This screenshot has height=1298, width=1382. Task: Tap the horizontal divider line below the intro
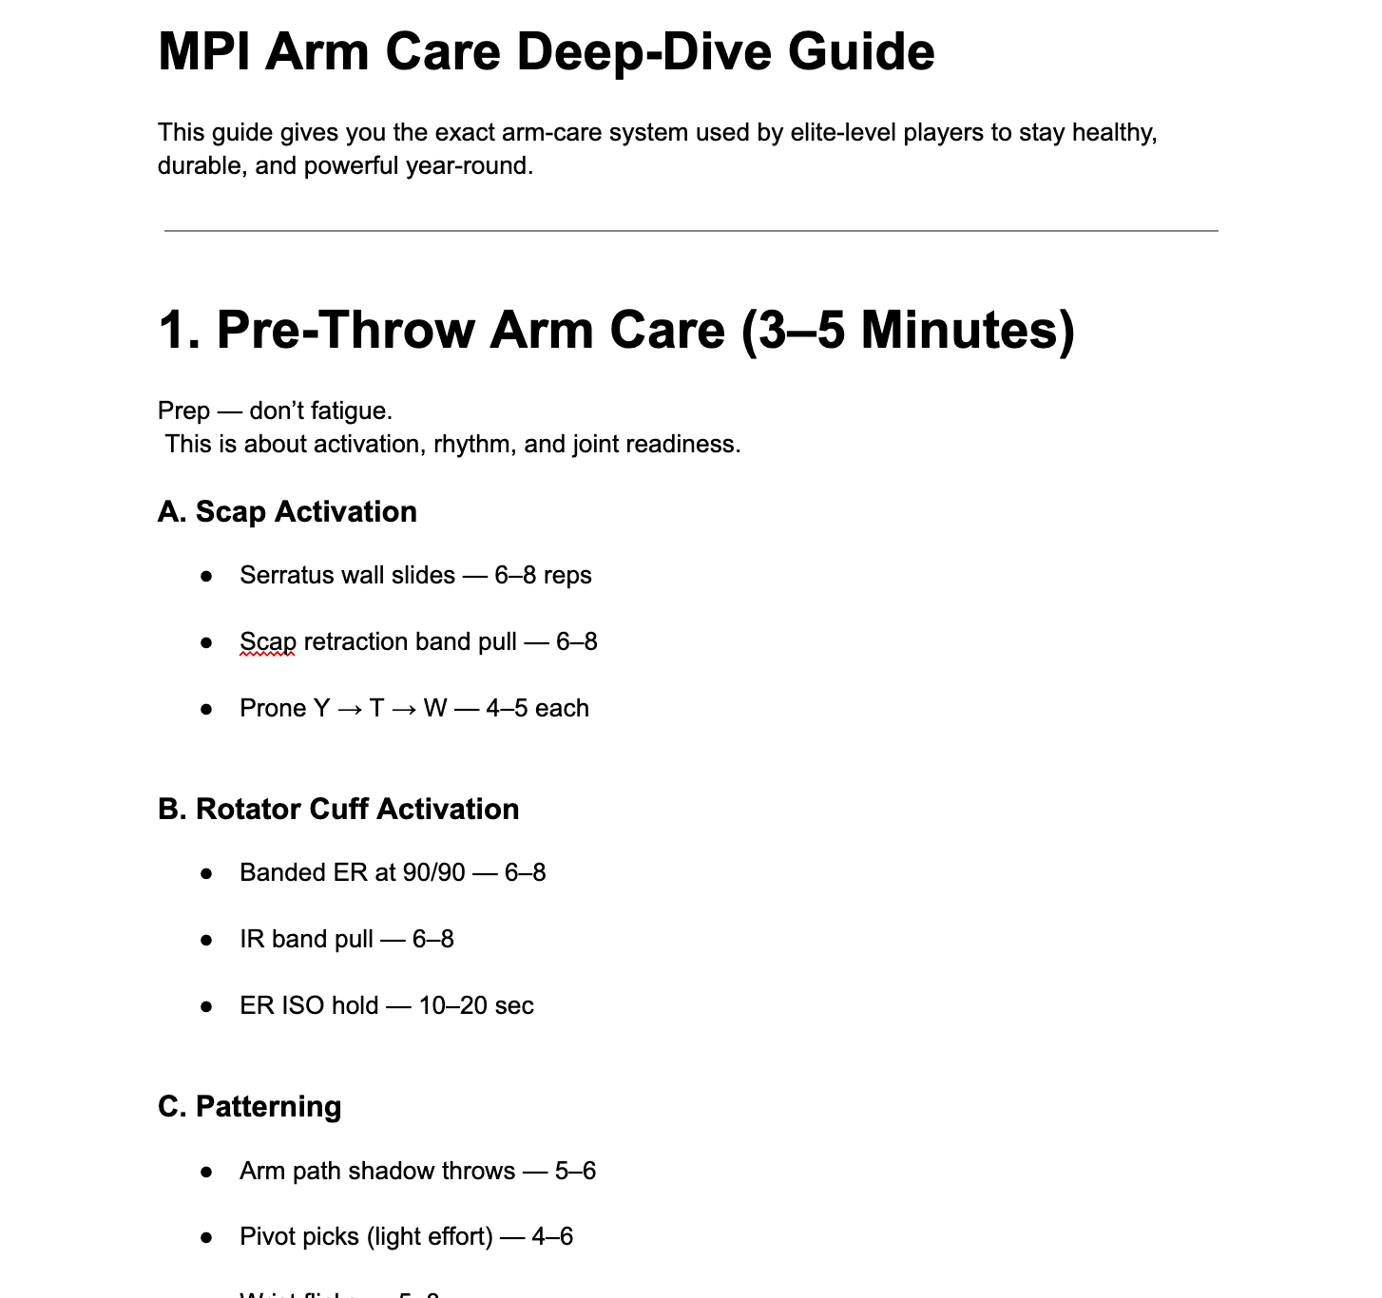tap(691, 230)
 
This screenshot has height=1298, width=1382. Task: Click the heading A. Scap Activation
tap(287, 511)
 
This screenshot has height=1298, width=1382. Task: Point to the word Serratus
tap(281, 575)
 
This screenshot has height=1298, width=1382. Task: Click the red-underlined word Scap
tap(267, 641)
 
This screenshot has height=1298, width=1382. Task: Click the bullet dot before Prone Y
tap(206, 709)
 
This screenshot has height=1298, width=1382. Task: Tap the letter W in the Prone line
tap(434, 708)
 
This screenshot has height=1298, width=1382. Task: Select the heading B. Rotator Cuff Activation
tap(338, 809)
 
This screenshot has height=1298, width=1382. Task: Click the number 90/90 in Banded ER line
tap(433, 872)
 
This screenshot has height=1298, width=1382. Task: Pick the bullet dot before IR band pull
tap(206, 940)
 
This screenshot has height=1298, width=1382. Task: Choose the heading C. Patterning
tap(249, 1106)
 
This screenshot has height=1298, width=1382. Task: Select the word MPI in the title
tap(204, 51)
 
